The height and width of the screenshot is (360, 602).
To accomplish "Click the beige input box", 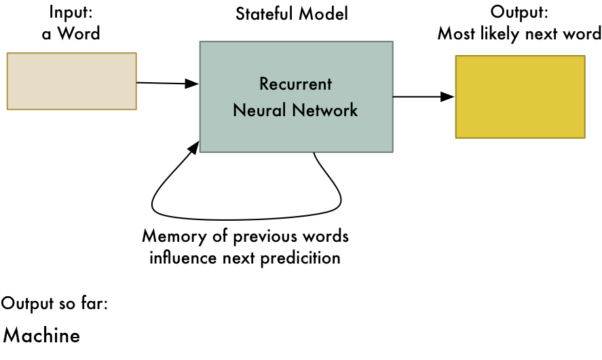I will coord(71,81).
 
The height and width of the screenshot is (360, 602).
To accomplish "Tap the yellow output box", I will coord(520,97).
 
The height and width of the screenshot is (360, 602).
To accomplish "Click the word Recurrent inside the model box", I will coord(296,84).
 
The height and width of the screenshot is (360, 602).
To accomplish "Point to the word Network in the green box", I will coord(326,110).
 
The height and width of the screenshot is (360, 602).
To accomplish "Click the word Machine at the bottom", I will coord(42,336).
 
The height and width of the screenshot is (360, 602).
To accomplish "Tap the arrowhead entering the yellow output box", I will coord(448,97).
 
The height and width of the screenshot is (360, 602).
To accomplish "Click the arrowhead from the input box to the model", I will coord(193,84).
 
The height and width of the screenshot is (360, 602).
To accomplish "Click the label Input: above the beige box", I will coord(71,12).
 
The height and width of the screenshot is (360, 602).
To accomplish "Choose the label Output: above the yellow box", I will coord(519,12).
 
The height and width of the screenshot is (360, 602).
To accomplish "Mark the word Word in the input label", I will coord(81,34).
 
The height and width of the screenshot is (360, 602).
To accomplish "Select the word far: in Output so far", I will coord(94,303).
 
